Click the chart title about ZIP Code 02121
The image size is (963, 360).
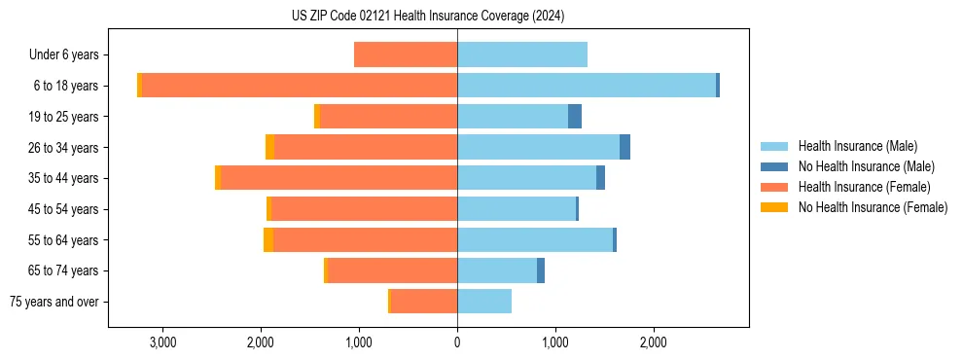tap(428, 16)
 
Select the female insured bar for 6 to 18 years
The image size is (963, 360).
tap(300, 86)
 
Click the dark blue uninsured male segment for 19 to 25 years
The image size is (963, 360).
tap(575, 117)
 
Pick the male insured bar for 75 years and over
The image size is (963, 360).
tap(484, 302)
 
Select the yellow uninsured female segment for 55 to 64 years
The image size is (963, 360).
tap(268, 240)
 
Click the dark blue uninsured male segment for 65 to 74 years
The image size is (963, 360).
tap(541, 270)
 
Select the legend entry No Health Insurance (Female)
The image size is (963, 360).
tap(873, 207)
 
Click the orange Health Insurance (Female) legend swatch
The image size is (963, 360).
tap(775, 187)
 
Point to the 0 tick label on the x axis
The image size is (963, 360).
tap(457, 342)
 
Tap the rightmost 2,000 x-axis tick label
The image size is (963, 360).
tap(654, 342)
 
